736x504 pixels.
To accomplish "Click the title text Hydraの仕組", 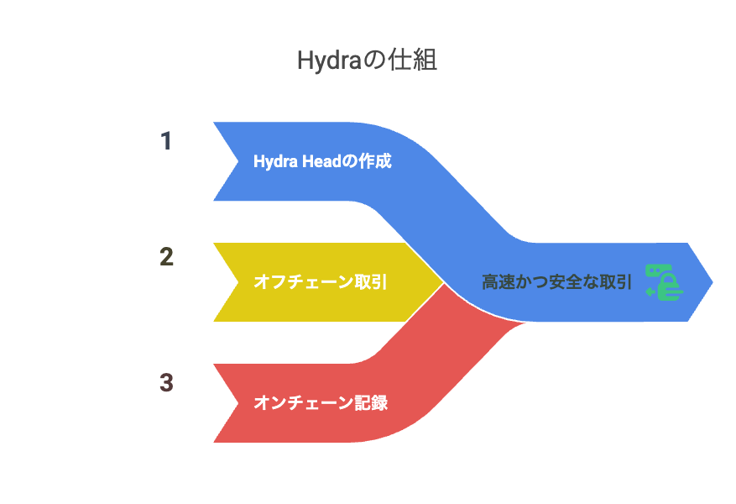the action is point(367,60).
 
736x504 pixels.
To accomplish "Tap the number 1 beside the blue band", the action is point(165,141).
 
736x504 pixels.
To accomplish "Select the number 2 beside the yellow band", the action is point(166,257).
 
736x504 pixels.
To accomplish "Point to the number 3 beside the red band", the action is point(166,382).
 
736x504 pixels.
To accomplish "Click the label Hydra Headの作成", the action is point(322,161).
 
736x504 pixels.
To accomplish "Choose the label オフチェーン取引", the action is point(320,282).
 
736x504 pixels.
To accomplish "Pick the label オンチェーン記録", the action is point(320,402).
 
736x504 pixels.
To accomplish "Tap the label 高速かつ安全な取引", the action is point(556,282).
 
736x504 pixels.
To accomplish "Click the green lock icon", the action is point(664,282).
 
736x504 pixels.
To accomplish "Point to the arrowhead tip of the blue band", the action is point(713,282).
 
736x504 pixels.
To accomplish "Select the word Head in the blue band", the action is point(321,161).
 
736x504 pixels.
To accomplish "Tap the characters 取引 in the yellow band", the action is point(371,282).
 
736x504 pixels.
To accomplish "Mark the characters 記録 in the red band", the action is point(371,402).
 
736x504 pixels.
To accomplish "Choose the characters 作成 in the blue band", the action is point(374,161).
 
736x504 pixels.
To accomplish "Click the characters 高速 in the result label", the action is point(498,282).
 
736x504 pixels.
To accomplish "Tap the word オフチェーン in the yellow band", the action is point(303,282).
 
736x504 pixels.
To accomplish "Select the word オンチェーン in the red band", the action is point(303,402).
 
